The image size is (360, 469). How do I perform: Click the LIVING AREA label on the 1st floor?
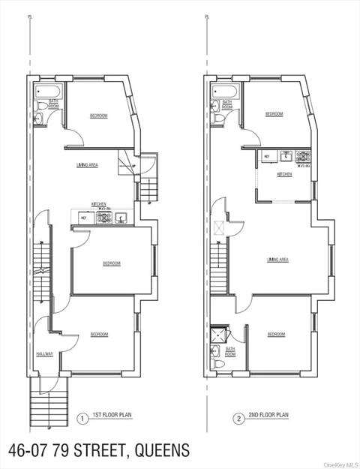tap(87, 164)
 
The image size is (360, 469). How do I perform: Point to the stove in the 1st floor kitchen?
tap(105, 218)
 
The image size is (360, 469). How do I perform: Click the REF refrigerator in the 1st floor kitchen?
tap(83, 218)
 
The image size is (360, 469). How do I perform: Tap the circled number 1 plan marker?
tap(81, 418)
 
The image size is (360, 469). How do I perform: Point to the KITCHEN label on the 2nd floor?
tap(284, 175)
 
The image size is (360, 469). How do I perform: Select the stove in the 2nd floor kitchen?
tap(304, 158)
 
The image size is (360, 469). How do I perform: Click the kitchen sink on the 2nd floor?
tap(285, 156)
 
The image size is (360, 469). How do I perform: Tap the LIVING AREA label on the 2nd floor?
tap(277, 260)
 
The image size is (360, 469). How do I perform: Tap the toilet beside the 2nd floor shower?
tap(218, 364)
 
